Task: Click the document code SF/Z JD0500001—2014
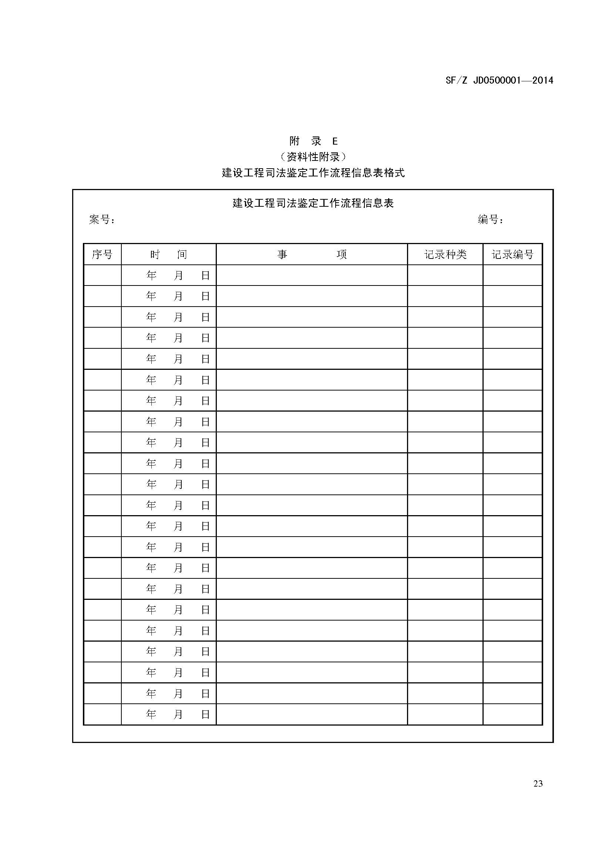click(499, 80)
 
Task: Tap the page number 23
click(538, 784)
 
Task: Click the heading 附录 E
click(313, 141)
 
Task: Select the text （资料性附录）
click(313, 157)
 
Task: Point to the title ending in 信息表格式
click(313, 173)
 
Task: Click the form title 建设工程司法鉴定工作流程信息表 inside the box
click(313, 203)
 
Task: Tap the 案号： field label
click(102, 219)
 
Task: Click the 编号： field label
click(490, 219)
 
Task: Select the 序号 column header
click(102, 255)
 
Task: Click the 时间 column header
click(168, 255)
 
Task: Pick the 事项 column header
click(312, 255)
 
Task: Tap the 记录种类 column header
click(445, 255)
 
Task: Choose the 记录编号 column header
click(512, 255)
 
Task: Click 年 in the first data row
click(151, 276)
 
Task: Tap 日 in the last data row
click(205, 714)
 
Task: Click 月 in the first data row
click(178, 276)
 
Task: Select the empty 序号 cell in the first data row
click(102, 276)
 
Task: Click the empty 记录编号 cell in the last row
click(512, 714)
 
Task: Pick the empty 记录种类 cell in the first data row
click(445, 276)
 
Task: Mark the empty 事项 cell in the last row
click(312, 714)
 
